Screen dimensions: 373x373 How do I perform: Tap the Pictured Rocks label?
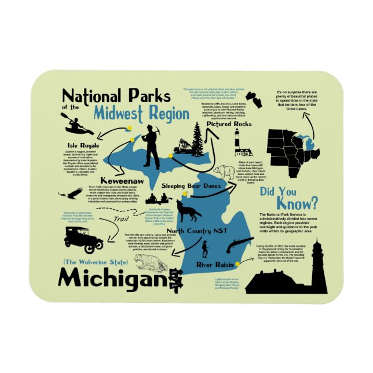(x=229, y=124)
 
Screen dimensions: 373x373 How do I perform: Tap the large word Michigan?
(x=112, y=279)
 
